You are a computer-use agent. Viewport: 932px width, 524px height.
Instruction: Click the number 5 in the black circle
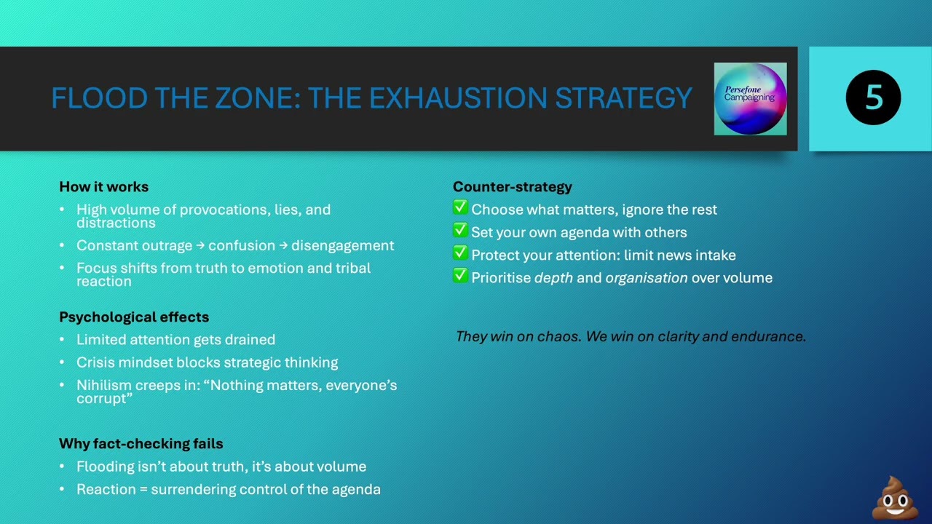pyautogui.click(x=873, y=98)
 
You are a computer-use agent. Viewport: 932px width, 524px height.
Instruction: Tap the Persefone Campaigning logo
pyautogui.click(x=750, y=99)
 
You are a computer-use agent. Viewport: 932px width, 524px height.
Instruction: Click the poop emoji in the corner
pyautogui.click(x=895, y=499)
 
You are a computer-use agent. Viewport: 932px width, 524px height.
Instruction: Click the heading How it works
pyautogui.click(x=103, y=187)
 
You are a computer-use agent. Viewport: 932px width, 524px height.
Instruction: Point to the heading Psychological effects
pyautogui.click(x=134, y=317)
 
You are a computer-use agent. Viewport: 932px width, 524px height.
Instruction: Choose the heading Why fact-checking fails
pyautogui.click(x=141, y=444)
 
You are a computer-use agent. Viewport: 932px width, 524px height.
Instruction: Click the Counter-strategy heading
pyautogui.click(x=513, y=187)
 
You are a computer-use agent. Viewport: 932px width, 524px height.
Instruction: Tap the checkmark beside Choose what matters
pyautogui.click(x=460, y=208)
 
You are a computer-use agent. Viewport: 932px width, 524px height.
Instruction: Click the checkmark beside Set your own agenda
pyautogui.click(x=460, y=231)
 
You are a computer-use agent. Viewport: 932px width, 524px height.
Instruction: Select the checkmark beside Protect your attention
pyautogui.click(x=460, y=253)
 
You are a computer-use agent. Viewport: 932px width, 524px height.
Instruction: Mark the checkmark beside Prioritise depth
pyautogui.click(x=460, y=276)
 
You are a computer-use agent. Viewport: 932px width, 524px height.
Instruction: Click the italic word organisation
pyautogui.click(x=647, y=278)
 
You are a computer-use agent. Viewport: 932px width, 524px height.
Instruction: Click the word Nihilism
pyautogui.click(x=105, y=385)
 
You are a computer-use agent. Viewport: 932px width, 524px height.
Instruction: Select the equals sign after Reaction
pyautogui.click(x=143, y=490)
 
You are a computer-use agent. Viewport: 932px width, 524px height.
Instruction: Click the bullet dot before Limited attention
pyautogui.click(x=63, y=341)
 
